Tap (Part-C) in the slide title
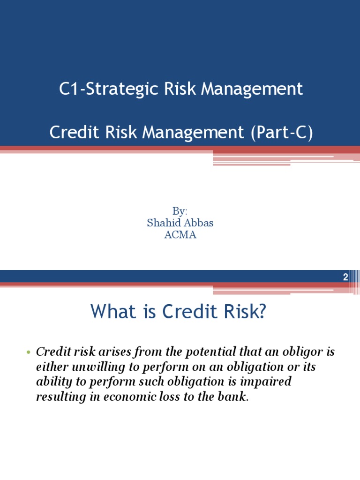[283, 133]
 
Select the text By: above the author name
[180, 211]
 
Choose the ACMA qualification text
[180, 235]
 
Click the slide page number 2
[345, 277]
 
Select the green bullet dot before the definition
[29, 352]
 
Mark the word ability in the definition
[52, 382]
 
